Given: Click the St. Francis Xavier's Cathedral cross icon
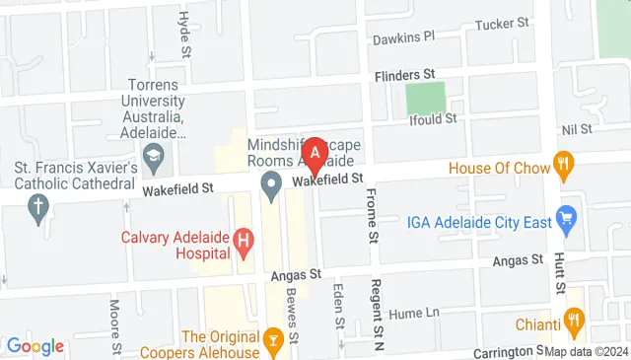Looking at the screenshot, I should [38, 207].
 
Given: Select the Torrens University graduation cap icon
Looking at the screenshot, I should [153, 155].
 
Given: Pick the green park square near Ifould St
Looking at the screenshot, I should [426, 98].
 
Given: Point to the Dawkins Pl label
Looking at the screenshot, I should [403, 38].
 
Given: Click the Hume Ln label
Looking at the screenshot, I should [414, 313].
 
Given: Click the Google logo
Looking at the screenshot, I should [35, 346].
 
